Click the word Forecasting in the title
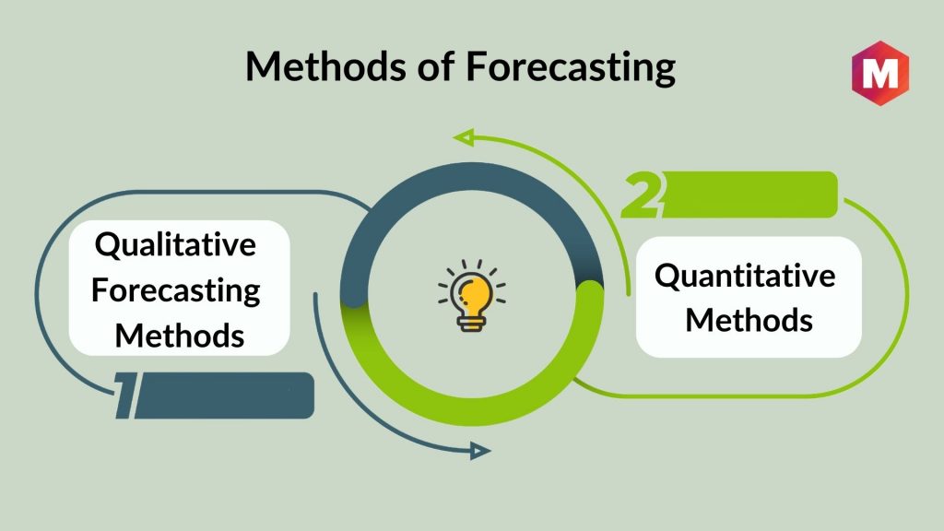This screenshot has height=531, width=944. click(x=570, y=67)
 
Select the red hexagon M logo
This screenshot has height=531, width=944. click(x=880, y=73)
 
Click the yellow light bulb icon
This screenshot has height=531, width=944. click(x=472, y=296)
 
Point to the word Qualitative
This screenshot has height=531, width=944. click(x=175, y=245)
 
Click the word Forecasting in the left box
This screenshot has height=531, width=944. click(x=176, y=291)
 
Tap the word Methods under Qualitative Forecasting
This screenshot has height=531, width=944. click(x=180, y=336)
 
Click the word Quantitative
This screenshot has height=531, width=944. click(x=745, y=276)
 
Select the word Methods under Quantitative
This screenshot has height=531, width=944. click(x=749, y=320)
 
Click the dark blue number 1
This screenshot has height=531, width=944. click(x=125, y=395)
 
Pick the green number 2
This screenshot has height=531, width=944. click(x=642, y=195)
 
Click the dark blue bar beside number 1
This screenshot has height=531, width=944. click(x=224, y=395)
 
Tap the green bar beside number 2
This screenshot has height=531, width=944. click(x=749, y=195)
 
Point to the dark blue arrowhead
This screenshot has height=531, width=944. click(x=479, y=450)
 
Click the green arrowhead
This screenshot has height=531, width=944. click(x=463, y=138)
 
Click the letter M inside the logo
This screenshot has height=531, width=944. click(x=880, y=74)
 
